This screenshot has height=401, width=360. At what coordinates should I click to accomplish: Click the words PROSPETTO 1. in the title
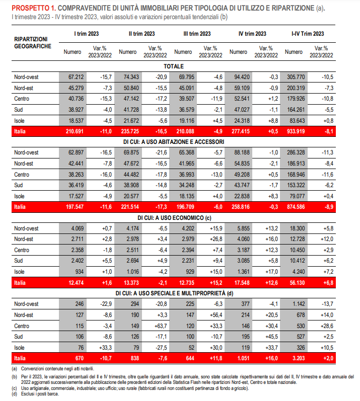click(34, 8)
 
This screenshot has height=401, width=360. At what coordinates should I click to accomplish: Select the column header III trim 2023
click(197, 34)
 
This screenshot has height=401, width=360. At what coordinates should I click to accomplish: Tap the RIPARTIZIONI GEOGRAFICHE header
click(33, 43)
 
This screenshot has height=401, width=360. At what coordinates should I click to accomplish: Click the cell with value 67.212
click(76, 77)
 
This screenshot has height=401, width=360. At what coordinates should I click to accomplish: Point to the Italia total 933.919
click(296, 131)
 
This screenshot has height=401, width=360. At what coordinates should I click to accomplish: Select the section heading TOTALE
click(174, 66)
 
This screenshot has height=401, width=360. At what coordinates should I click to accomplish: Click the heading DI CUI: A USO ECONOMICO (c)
click(175, 218)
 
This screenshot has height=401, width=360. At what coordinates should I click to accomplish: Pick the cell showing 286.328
click(296, 152)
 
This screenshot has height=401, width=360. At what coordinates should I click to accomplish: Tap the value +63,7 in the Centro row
click(161, 326)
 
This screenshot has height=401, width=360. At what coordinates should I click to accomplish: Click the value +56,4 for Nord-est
click(216, 315)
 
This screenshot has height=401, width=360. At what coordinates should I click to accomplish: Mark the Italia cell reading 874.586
click(296, 207)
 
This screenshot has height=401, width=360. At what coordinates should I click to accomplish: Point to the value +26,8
click(216, 239)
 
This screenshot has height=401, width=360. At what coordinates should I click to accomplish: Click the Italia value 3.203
click(299, 358)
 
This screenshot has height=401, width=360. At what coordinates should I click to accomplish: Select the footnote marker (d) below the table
click(14, 394)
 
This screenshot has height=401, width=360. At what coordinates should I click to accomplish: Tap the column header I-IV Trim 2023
click(308, 34)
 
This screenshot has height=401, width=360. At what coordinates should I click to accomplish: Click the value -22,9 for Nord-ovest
click(106, 304)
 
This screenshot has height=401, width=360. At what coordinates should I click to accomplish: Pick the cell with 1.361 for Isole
click(243, 272)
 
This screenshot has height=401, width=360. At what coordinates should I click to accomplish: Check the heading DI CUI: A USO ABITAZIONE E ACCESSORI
click(174, 142)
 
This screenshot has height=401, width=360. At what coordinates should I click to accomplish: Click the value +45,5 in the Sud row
click(271, 337)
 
